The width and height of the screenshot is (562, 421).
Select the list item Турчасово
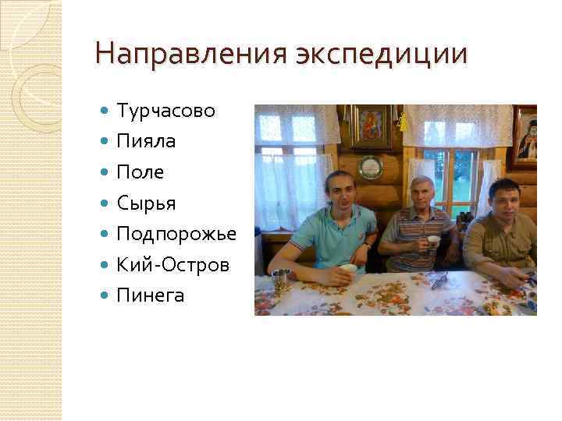coord(165,111)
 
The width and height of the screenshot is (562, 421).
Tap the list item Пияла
coord(146,142)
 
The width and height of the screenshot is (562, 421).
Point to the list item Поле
coord(140,172)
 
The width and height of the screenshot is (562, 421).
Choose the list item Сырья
coord(146,203)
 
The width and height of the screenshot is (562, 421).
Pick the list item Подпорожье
coord(176,234)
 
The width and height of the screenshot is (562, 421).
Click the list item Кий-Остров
coord(173,264)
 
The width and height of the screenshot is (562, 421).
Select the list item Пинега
coord(150,295)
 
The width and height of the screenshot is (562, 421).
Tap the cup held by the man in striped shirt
coord(432,241)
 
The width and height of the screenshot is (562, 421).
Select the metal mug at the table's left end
coord(280,280)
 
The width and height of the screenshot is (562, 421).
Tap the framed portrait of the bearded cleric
coord(525,137)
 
